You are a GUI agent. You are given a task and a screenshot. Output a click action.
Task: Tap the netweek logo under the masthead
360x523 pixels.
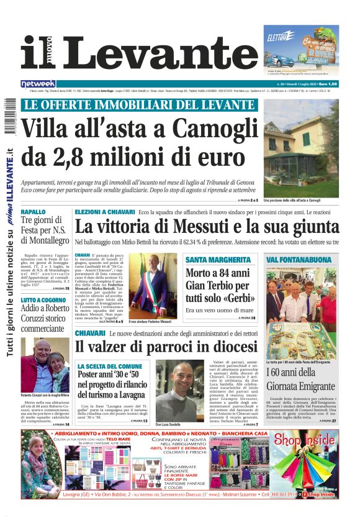tap(38, 84)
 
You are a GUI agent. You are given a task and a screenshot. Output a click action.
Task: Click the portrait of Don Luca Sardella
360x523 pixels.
tap(179, 391)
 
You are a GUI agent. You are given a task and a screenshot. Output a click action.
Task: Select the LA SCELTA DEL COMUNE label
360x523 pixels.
tap(110, 366)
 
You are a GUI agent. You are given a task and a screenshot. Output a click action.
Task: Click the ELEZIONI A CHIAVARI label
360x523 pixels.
tap(105, 212)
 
